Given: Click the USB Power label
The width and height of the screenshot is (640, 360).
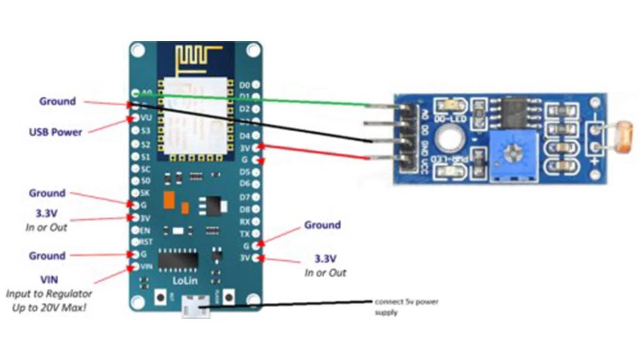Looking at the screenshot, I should click(x=55, y=132).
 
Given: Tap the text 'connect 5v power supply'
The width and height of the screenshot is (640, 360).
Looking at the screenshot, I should click(x=406, y=307).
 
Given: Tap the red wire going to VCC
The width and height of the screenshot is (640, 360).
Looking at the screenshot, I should click(x=315, y=151).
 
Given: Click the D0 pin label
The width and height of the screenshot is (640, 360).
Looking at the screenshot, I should click(x=245, y=85).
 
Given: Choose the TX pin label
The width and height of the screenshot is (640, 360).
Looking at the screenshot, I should click(x=245, y=234).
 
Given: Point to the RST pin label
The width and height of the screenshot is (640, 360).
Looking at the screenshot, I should click(x=146, y=242).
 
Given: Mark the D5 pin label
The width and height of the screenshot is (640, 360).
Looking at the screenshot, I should click(x=245, y=172).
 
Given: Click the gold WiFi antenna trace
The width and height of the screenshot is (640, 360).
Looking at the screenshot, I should click(x=197, y=58).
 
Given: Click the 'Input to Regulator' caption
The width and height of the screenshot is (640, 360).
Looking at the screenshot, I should click(x=49, y=293).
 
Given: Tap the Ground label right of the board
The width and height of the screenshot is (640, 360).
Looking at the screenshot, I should click(x=322, y=225).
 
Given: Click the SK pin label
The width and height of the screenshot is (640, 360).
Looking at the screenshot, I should click(x=146, y=193).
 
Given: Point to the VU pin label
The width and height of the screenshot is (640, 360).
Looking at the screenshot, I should click(x=146, y=118).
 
